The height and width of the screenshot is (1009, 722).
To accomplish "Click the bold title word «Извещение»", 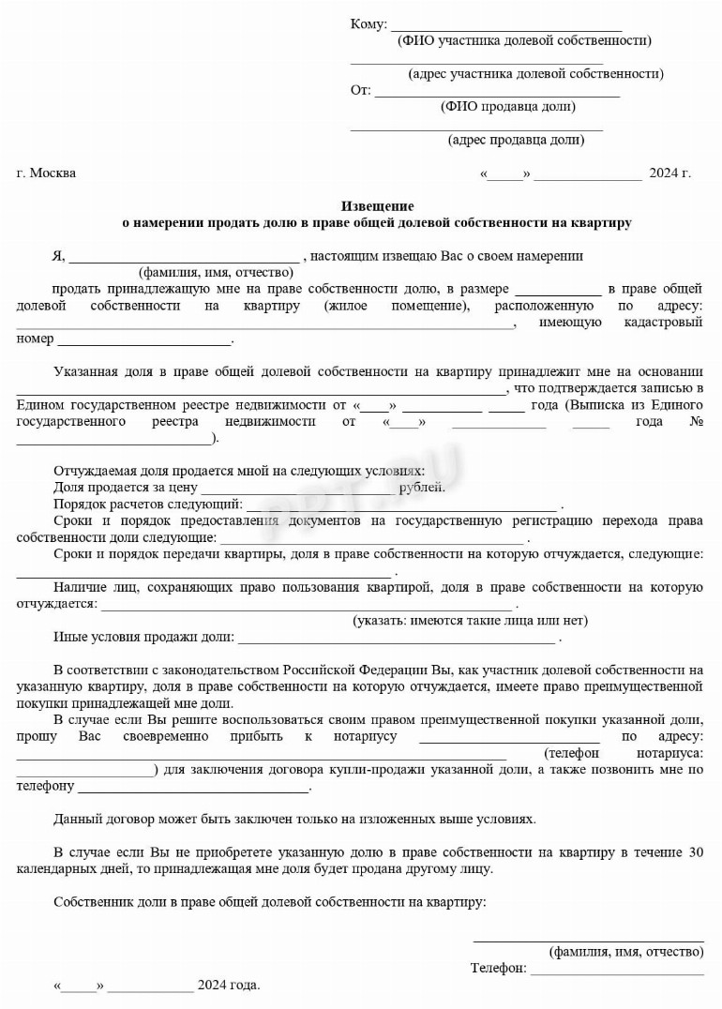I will point(377,205).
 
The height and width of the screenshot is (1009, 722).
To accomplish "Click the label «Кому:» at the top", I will point(368,23).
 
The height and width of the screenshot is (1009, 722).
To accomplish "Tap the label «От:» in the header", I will point(360,91).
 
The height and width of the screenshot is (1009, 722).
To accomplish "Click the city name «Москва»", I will point(53,173).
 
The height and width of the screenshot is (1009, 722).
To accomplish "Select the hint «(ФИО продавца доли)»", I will point(507,107).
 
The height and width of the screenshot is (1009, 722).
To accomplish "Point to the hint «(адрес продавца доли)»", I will point(516,141).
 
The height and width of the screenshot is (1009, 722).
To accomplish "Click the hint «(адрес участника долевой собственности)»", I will point(535,73).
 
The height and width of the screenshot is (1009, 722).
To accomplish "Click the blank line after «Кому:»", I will point(506,28).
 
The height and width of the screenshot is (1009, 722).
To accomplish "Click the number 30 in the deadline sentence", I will point(695,852).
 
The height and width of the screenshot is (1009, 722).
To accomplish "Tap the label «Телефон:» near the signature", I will point(498,969).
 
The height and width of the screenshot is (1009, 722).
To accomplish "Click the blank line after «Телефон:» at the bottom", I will point(617,972).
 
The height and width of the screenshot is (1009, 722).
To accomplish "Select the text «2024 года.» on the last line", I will point(229,986).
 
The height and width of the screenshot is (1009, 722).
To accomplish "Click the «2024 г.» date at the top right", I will point(669,173).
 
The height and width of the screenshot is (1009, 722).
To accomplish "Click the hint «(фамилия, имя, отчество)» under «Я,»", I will point(217,272).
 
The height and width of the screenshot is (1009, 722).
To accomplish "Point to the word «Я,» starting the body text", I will point(58,255).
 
